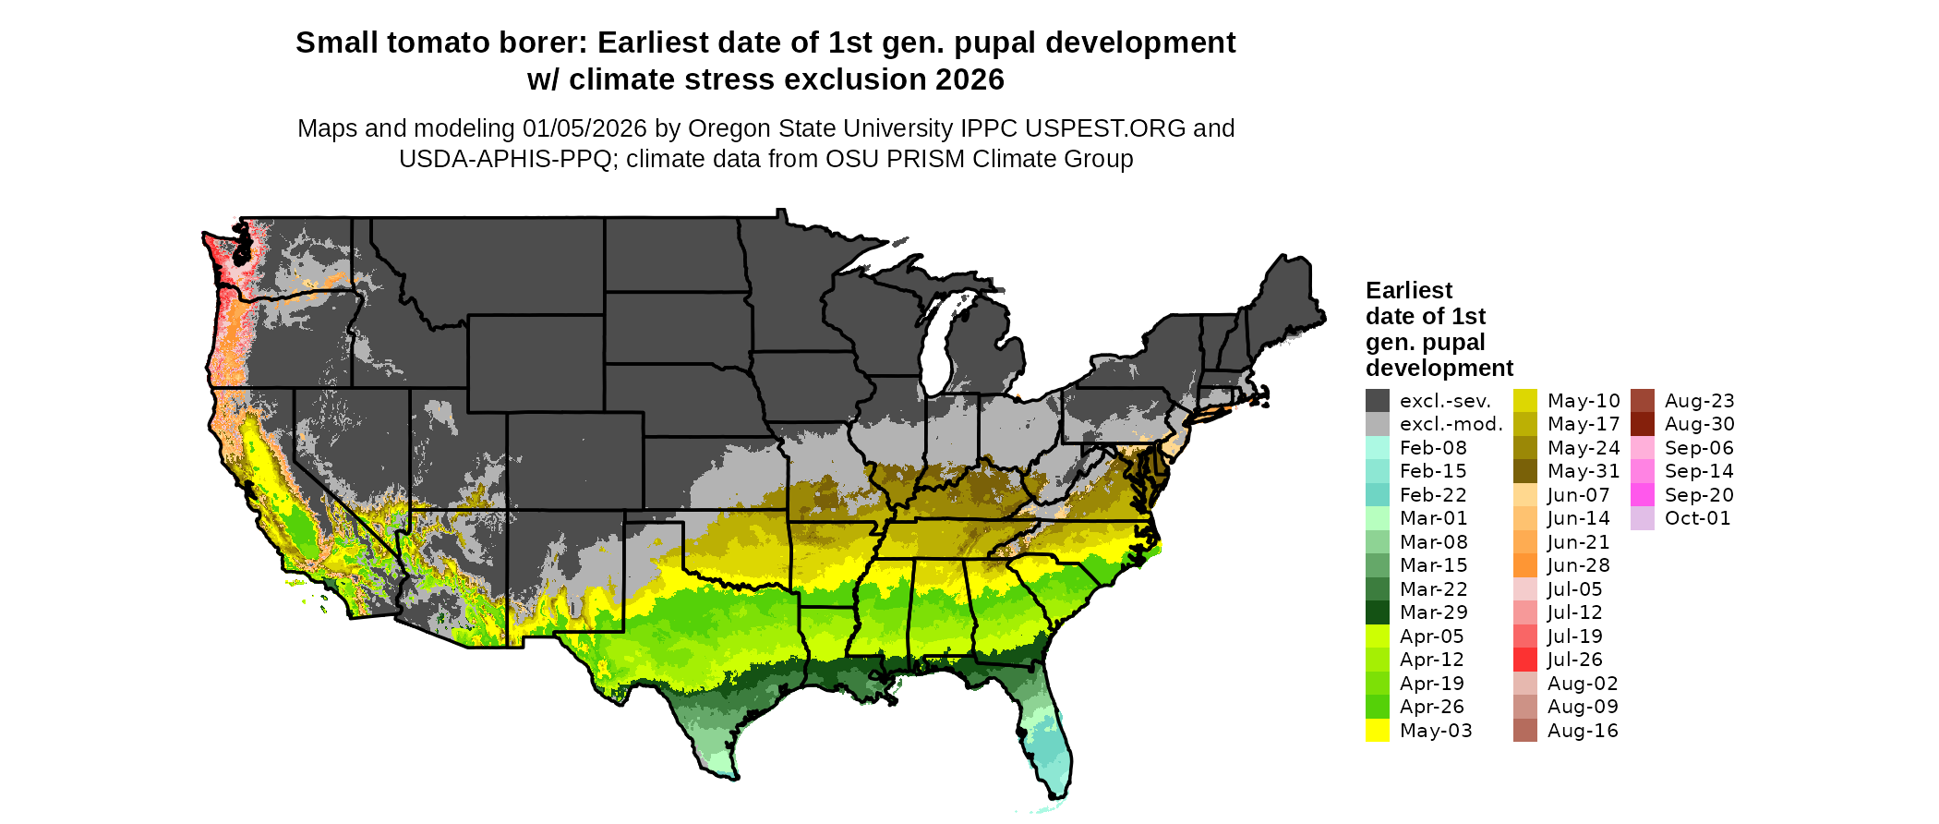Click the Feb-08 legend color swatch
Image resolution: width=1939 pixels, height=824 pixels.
click(x=1377, y=448)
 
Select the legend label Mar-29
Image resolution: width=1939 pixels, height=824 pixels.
click(x=1433, y=612)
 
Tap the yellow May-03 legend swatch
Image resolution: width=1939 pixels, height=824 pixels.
click(x=1377, y=731)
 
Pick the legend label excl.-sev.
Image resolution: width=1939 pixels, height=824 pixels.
click(x=1445, y=401)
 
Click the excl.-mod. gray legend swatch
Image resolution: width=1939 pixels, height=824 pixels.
click(x=1377, y=424)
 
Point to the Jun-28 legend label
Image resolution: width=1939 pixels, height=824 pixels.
click(x=1578, y=565)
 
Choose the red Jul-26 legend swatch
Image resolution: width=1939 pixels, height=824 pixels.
click(x=1525, y=660)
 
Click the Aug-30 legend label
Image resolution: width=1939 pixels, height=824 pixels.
click(x=1699, y=424)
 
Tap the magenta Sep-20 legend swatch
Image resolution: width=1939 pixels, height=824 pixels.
click(x=1642, y=495)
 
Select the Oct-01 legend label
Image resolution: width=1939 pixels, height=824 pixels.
click(x=1697, y=518)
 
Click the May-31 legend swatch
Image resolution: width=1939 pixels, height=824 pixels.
click(x=1525, y=471)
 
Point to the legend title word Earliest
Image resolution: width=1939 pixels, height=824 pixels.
click(x=1408, y=290)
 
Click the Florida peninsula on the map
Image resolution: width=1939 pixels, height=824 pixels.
click(x=1048, y=739)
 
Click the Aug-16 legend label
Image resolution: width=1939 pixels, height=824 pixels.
click(x=1583, y=731)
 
